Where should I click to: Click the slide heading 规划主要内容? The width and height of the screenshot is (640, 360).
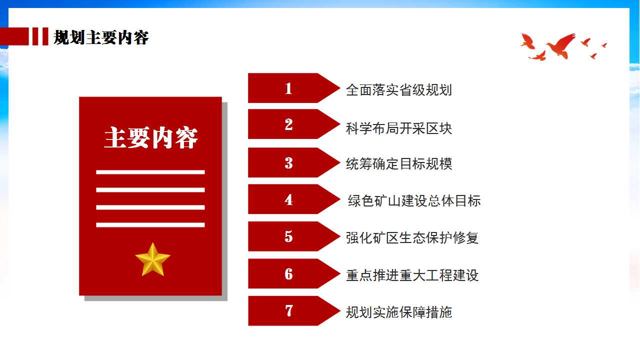101,37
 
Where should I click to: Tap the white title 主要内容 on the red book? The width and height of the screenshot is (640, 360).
151,137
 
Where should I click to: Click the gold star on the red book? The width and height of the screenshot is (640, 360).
152,259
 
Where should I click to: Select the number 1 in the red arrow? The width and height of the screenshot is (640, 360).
288,88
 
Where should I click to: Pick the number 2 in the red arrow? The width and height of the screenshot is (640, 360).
288,124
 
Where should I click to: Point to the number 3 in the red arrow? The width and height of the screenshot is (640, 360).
288,163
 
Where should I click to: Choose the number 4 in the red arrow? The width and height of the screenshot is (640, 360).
288,199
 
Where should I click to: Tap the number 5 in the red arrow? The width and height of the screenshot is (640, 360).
288,236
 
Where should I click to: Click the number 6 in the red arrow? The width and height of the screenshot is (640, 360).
288,273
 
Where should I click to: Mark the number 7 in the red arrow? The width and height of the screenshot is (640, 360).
289,310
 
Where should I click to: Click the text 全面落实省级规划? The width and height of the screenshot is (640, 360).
399,90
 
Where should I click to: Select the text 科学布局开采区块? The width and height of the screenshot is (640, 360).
399,128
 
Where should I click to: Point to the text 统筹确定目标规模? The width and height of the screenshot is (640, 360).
399,164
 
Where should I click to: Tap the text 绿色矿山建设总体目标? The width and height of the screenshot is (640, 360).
414,200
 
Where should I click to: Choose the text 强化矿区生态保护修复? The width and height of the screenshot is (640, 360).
412,237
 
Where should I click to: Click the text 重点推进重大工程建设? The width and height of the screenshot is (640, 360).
412,275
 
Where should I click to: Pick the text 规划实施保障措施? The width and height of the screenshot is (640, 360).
399,312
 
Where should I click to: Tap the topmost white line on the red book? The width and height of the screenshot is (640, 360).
150,172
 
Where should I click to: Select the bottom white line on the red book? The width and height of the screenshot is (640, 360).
150,225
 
